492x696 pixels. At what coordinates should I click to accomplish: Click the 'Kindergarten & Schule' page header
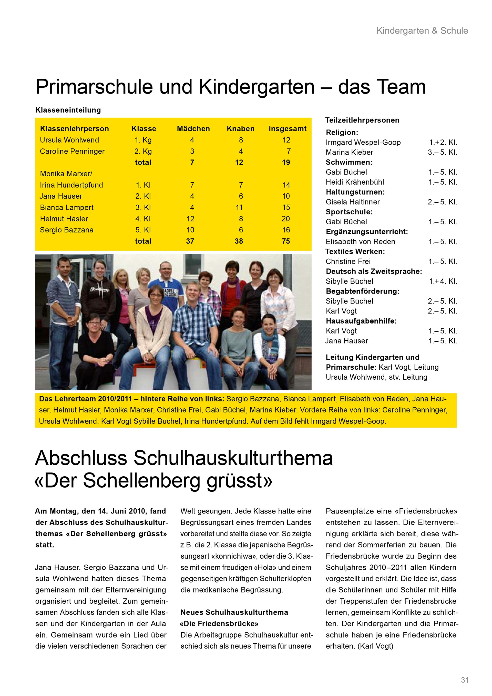point(422,31)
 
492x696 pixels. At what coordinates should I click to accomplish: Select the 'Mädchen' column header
point(193,129)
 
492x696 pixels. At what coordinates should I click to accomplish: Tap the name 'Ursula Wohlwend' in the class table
point(69,140)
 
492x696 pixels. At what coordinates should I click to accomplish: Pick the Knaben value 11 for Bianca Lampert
point(239,208)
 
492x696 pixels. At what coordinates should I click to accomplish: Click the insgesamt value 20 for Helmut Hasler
point(286,219)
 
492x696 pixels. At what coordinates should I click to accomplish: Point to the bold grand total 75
point(286,241)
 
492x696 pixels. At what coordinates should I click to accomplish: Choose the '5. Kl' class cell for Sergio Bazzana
point(143,230)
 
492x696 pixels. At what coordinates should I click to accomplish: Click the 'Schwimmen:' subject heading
point(349,162)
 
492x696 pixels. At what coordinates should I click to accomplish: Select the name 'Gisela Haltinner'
point(353,202)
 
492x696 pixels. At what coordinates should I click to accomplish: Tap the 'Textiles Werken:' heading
point(355,251)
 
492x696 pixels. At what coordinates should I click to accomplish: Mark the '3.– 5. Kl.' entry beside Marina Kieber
point(442,153)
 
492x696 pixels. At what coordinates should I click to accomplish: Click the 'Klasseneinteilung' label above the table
point(68,110)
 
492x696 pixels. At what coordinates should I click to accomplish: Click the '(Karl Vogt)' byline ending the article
point(375,646)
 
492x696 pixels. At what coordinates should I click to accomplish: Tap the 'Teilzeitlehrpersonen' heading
point(362,120)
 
